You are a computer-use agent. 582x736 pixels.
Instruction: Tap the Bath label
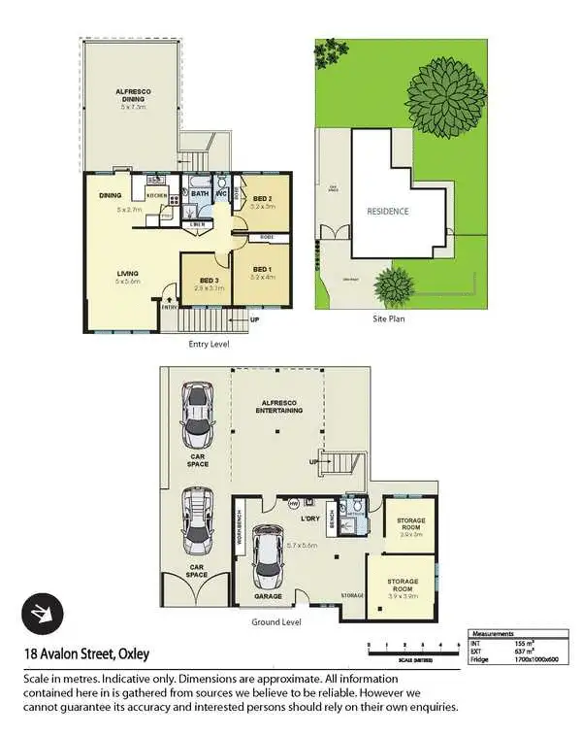click(200, 194)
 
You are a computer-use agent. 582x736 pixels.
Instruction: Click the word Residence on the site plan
click(387, 211)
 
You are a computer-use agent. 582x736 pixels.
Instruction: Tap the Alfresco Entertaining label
click(276, 408)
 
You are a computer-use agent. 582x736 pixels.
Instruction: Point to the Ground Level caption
click(276, 621)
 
